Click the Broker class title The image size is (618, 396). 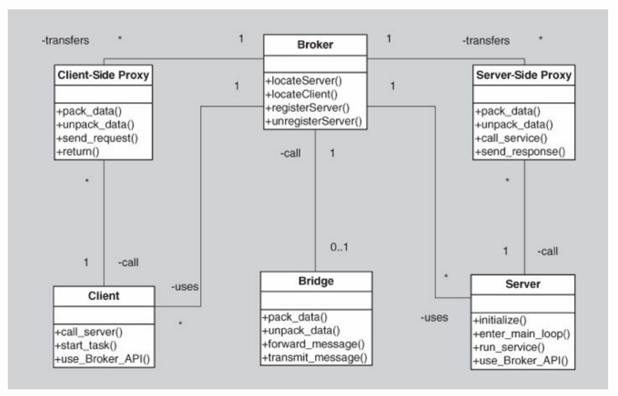click(x=315, y=45)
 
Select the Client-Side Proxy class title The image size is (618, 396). click(x=103, y=75)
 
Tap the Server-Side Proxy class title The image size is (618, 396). click(x=524, y=75)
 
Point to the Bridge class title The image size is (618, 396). click(x=316, y=281)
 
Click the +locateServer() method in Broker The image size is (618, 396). click(x=304, y=81)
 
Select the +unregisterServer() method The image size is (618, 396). click(x=314, y=121)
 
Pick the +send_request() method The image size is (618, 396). click(x=97, y=139)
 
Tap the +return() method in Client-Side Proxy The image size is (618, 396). click(x=78, y=152)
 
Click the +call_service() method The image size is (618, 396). click(x=511, y=139)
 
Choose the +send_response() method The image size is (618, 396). click(x=520, y=152)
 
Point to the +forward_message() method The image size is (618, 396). click(x=313, y=345)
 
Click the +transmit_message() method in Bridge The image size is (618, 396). click(x=315, y=358)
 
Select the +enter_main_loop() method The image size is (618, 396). click(x=521, y=334)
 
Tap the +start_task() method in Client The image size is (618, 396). click(x=86, y=346)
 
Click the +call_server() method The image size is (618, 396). click(x=89, y=332)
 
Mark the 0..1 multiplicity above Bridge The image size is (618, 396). click(x=339, y=247)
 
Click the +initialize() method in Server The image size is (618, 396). click(x=500, y=321)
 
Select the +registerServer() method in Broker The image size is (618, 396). click(x=307, y=108)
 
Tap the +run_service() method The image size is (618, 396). click(x=509, y=348)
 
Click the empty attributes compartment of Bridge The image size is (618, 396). click(x=316, y=300)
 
